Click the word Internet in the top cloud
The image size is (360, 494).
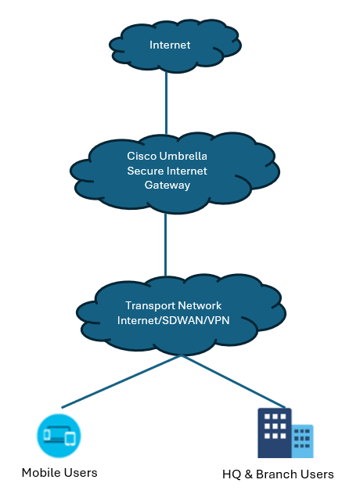170,45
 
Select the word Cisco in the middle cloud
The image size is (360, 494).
142,156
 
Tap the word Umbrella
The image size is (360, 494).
183,156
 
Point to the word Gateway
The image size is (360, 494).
167,186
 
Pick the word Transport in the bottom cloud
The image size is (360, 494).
148,305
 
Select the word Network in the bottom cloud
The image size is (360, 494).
197,305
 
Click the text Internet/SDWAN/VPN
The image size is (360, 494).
173,320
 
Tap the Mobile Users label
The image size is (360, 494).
59,473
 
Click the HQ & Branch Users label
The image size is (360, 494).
278,474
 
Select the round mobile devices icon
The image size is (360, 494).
59,435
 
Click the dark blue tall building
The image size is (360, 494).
275,433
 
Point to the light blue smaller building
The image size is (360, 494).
302,441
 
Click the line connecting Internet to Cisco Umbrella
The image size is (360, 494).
166,103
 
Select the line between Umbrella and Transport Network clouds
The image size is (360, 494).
165,245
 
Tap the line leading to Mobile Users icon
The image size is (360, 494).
121,381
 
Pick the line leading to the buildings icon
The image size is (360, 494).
233,381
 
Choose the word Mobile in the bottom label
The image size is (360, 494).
41,473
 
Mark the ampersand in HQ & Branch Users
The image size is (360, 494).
249,474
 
